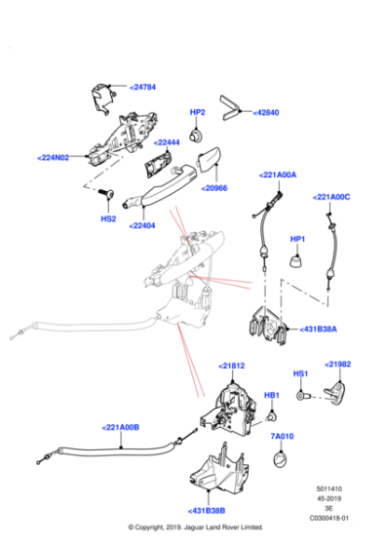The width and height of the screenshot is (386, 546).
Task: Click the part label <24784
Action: click(x=142, y=87)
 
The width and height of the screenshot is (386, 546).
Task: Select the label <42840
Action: click(x=266, y=112)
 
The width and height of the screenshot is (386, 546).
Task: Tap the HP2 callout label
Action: click(x=197, y=112)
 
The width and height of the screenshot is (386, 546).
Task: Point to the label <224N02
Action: click(x=54, y=158)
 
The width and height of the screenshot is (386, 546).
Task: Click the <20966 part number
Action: click(x=214, y=188)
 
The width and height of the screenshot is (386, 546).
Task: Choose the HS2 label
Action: click(x=108, y=218)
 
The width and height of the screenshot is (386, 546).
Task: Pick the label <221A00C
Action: click(x=331, y=197)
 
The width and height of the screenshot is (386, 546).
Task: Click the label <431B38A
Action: click(x=318, y=330)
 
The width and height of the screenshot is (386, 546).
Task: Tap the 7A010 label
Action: click(x=282, y=436)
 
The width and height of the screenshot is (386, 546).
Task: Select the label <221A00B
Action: click(x=121, y=427)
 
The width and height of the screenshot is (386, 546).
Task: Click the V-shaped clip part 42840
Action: click(x=230, y=108)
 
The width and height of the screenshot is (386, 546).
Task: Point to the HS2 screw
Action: click(x=106, y=193)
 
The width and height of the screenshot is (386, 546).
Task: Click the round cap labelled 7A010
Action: click(x=281, y=459)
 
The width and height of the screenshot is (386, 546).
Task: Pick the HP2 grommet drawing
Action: click(x=196, y=136)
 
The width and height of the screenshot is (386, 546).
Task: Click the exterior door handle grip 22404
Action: click(x=160, y=186)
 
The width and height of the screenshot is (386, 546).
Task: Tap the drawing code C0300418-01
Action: click(x=328, y=518)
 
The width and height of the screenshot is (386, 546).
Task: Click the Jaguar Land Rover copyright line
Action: click(x=196, y=527)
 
